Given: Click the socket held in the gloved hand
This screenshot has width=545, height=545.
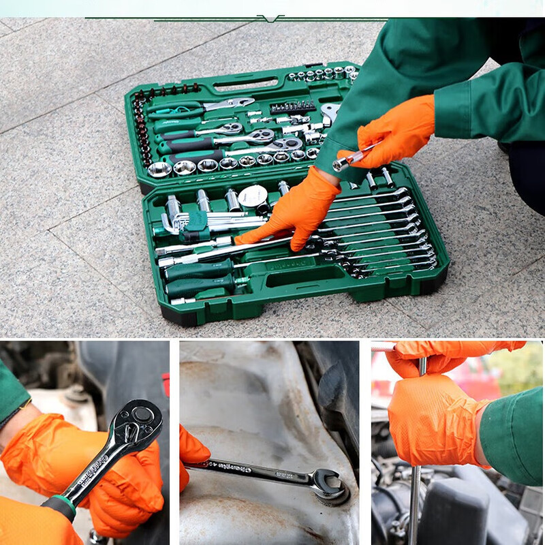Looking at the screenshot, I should point(341,163).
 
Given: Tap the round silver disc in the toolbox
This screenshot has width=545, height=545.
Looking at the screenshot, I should point(253,197).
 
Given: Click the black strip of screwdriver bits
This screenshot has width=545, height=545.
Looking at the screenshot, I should point(292,106).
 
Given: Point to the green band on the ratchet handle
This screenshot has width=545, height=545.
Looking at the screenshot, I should point(62,506).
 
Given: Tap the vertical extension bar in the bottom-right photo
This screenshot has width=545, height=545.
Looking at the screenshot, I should point(415,497).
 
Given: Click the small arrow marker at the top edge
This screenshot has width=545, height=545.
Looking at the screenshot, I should point(270,18).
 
